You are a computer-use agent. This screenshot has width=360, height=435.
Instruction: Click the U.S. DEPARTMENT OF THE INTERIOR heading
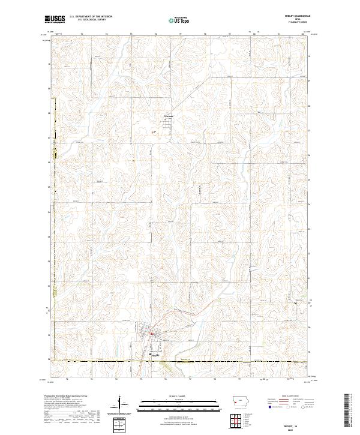(91, 17)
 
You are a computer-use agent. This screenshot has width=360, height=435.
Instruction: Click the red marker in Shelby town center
(152, 334)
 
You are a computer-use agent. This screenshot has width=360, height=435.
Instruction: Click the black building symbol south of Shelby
(150, 354)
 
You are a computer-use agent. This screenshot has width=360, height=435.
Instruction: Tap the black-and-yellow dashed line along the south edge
(180, 361)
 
